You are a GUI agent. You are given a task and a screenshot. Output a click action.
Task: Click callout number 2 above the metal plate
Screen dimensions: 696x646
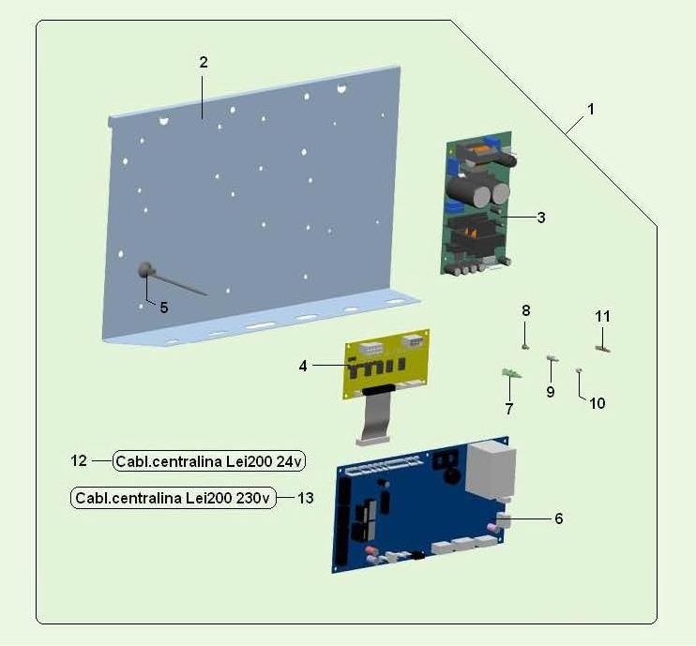(204, 63)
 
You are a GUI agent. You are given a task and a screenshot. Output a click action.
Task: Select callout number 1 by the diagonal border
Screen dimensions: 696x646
(590, 109)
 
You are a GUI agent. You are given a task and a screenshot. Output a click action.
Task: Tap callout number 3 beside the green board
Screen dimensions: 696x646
(541, 218)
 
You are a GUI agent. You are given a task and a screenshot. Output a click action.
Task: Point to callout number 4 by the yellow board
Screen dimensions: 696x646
(303, 366)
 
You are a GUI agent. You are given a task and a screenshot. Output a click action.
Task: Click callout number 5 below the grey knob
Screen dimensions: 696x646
(164, 308)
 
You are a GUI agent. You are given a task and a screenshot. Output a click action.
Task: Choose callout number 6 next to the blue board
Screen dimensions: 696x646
(559, 518)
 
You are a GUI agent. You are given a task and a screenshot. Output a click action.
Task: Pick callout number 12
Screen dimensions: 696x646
(79, 460)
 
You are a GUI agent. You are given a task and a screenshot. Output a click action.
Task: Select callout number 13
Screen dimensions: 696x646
(306, 498)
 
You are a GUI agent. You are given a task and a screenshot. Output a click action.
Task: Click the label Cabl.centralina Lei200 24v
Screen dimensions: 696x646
(209, 461)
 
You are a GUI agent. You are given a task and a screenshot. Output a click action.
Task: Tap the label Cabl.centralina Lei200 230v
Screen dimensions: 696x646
(174, 498)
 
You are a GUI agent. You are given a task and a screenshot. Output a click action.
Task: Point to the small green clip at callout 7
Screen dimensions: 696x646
(512, 373)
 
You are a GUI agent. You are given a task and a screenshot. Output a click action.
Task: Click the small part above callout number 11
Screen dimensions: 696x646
(602, 349)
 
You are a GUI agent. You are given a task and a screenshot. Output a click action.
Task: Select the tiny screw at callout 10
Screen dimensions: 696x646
(579, 369)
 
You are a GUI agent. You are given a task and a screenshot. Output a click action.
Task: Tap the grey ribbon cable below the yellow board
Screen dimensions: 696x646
(374, 418)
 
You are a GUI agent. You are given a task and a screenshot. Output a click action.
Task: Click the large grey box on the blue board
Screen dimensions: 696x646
(491, 472)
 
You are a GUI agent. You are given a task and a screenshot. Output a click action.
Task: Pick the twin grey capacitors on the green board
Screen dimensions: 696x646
(478, 191)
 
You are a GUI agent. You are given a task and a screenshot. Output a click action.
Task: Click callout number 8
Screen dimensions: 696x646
(526, 310)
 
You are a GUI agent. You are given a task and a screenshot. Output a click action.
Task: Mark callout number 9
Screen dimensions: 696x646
(551, 392)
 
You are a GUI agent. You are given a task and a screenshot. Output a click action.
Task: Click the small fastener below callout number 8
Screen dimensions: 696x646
(525, 347)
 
